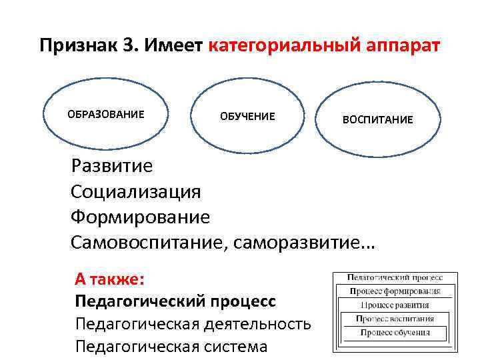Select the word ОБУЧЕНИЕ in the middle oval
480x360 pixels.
pos(247,117)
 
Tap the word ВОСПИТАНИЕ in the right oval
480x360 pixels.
pos(377,120)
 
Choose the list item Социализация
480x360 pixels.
pos(135,191)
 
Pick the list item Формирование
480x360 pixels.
pos(140,217)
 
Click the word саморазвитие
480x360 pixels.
pos(304,243)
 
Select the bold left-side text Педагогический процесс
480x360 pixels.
pos(175,301)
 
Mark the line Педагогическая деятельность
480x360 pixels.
pos(193,323)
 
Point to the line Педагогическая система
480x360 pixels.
pos(171,346)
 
